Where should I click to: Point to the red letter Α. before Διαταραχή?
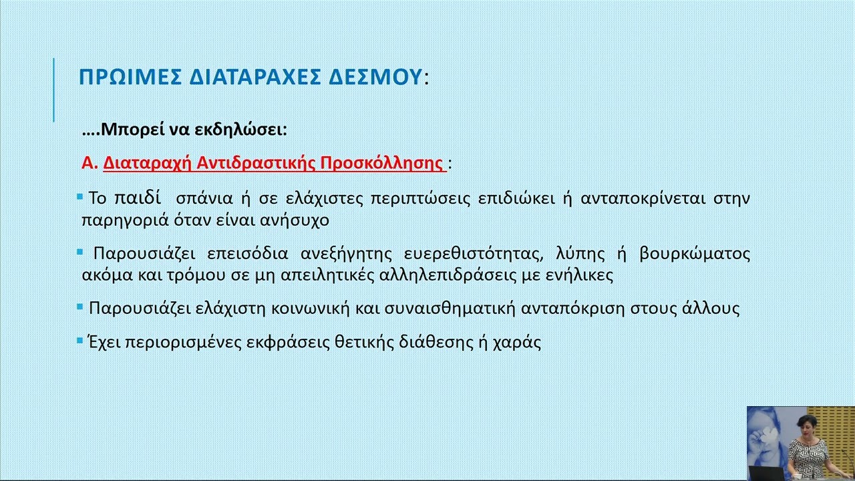[90, 163]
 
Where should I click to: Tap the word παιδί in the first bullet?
[138, 198]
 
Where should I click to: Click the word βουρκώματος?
[695, 254]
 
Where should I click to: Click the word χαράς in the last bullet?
[519, 343]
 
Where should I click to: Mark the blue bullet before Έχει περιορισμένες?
[80, 341]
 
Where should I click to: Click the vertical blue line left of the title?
[54, 90]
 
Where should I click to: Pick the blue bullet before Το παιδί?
[80, 196]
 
